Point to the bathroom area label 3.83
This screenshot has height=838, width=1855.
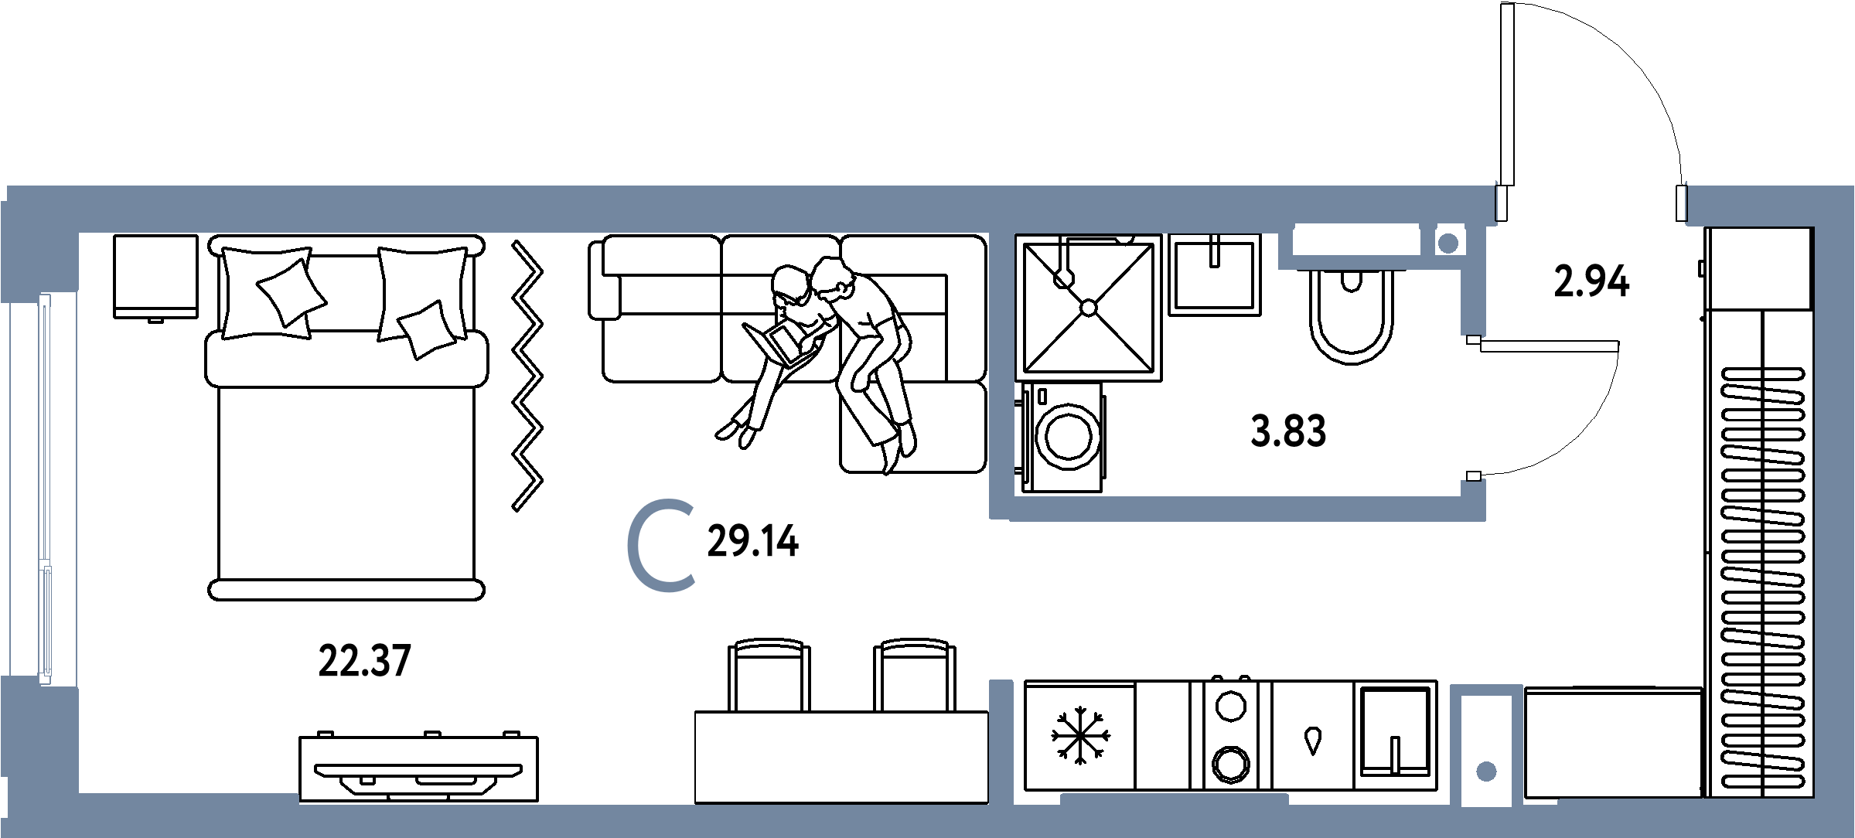(1288, 431)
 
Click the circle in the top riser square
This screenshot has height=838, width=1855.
(1447, 244)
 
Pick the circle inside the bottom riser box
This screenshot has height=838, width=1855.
(1486, 772)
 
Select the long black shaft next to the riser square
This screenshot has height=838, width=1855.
(1355, 240)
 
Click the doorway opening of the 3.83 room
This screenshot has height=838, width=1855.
(1473, 408)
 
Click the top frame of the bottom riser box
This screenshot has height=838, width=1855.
(1486, 690)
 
